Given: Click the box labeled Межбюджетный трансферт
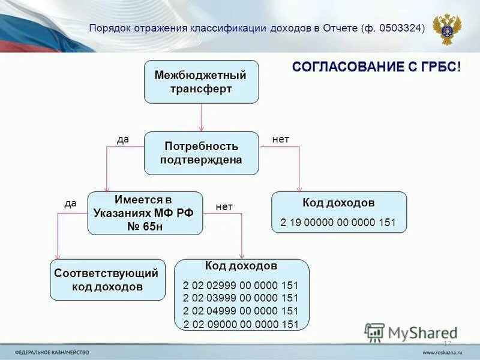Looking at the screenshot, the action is [x=201, y=82].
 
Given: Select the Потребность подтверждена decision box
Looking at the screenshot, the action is [x=201, y=153].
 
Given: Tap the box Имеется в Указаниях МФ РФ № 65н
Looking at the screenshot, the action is [x=145, y=214].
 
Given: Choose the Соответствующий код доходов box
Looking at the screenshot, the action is [x=107, y=280].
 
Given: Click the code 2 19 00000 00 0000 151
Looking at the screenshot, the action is [x=338, y=223].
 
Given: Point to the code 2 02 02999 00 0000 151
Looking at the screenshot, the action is [x=241, y=286].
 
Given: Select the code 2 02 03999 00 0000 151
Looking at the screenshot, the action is [x=241, y=298].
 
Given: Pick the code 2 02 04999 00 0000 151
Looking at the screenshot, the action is [x=241, y=311].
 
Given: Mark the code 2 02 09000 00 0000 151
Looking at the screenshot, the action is [x=241, y=324].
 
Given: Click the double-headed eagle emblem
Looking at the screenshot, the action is [x=446, y=28].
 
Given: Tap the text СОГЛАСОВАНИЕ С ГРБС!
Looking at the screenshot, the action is [x=377, y=67].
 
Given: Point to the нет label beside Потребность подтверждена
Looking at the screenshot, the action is [x=281, y=139].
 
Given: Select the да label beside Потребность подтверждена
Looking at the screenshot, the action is [x=123, y=139].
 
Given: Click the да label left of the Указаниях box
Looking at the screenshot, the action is [x=70, y=203].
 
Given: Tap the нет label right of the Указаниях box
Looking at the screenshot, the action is [x=224, y=207].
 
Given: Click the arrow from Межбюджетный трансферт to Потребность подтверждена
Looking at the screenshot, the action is [x=201, y=117].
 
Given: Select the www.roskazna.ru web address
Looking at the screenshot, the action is [x=443, y=352].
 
